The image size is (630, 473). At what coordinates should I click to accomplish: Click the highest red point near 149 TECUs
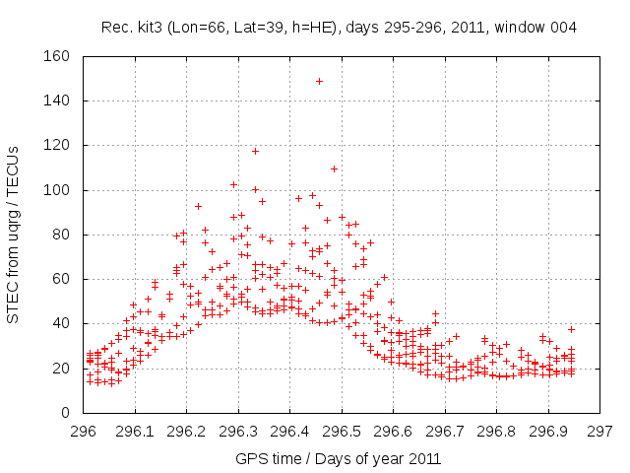pos(319,81)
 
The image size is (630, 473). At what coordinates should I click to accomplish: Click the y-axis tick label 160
pos(56,56)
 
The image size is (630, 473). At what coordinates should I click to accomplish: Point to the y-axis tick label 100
pos(56,190)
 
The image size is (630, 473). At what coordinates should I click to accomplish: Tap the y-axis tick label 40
pos(60,323)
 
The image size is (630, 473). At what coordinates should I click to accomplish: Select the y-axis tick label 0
pos(64,412)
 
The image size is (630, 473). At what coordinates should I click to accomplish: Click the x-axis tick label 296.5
pos(342,431)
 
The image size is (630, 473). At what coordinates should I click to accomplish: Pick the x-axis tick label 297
pos(599,431)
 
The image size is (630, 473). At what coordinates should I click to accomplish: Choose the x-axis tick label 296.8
pos(496,431)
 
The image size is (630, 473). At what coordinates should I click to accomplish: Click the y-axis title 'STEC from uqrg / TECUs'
pos(14,235)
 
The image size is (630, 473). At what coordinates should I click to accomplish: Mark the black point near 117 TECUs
pos(255,151)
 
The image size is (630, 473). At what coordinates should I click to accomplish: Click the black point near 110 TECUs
pos(334,169)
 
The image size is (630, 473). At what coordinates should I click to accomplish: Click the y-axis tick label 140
pos(56,101)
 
